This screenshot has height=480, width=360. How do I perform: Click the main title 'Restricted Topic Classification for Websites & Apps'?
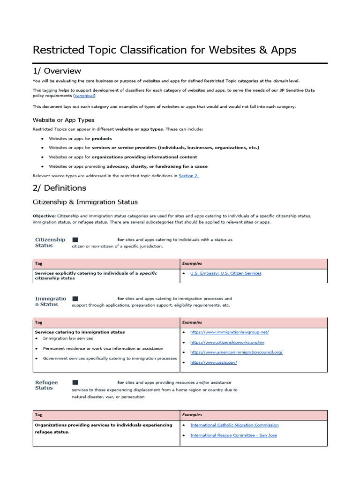(164, 50)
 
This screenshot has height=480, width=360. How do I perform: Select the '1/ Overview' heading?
(57, 71)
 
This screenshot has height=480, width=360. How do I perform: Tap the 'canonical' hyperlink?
(84, 96)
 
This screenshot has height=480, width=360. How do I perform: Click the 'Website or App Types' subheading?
(63, 120)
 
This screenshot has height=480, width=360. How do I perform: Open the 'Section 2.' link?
(188, 176)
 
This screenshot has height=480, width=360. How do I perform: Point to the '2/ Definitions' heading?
(60, 188)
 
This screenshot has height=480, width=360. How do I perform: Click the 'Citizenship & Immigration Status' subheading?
(85, 202)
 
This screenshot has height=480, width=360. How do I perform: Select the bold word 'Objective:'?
(45, 216)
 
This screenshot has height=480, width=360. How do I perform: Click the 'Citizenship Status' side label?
(50, 242)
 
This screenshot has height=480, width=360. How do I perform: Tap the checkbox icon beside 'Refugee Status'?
(75, 382)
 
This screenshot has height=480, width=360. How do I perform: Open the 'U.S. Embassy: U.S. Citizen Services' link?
(225, 273)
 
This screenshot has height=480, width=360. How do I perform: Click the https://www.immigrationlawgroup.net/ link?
(229, 332)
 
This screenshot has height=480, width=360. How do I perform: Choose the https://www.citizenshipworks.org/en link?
(227, 342)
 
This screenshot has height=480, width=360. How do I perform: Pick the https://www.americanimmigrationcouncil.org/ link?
(236, 352)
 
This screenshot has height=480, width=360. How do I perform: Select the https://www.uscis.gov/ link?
(213, 362)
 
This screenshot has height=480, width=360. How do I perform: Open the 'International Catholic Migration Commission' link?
(234, 425)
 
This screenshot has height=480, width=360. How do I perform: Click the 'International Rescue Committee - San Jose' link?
(233, 435)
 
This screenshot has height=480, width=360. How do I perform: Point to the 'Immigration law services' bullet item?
(68, 338)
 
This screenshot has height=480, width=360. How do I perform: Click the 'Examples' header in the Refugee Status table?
(192, 415)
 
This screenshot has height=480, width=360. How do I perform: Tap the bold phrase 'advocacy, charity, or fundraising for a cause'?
(157, 166)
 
